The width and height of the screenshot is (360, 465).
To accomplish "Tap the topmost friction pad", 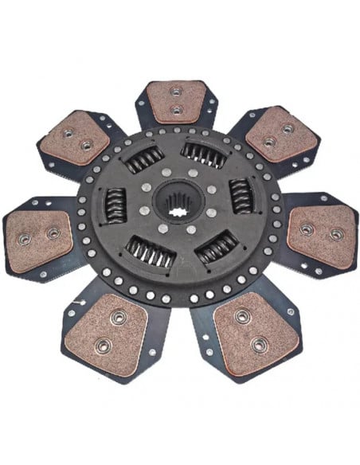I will (x=178, y=100).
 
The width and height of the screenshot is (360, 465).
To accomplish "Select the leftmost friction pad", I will (x=37, y=234).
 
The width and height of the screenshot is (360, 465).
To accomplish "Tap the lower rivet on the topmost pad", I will (x=178, y=110).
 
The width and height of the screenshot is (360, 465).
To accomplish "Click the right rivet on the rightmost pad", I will (x=336, y=234).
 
